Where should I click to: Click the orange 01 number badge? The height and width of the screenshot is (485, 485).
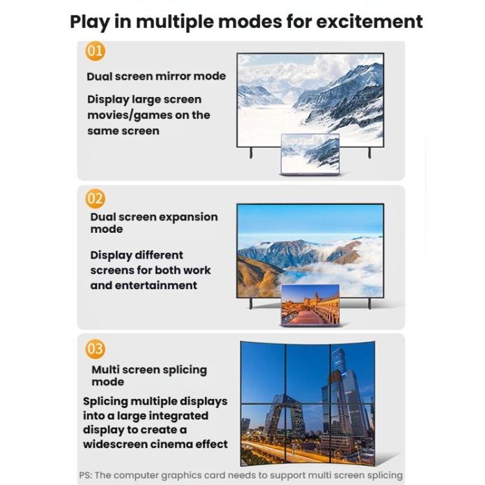[x=95, y=50]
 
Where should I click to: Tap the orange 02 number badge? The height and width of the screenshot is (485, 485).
[x=95, y=199]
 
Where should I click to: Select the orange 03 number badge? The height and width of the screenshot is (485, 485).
[x=95, y=349]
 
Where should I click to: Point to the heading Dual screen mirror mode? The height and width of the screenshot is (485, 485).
[x=156, y=76]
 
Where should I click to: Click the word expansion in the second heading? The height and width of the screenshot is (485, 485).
[x=188, y=217]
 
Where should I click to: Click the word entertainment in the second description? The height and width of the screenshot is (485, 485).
[x=156, y=285]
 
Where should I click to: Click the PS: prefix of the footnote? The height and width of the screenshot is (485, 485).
[x=86, y=475]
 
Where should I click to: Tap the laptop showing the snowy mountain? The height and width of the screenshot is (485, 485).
[x=310, y=154]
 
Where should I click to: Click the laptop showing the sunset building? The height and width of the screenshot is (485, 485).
[x=310, y=305]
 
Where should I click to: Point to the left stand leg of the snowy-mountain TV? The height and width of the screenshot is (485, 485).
[x=251, y=153]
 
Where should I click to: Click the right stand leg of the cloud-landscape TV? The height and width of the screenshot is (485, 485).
[x=369, y=302]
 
